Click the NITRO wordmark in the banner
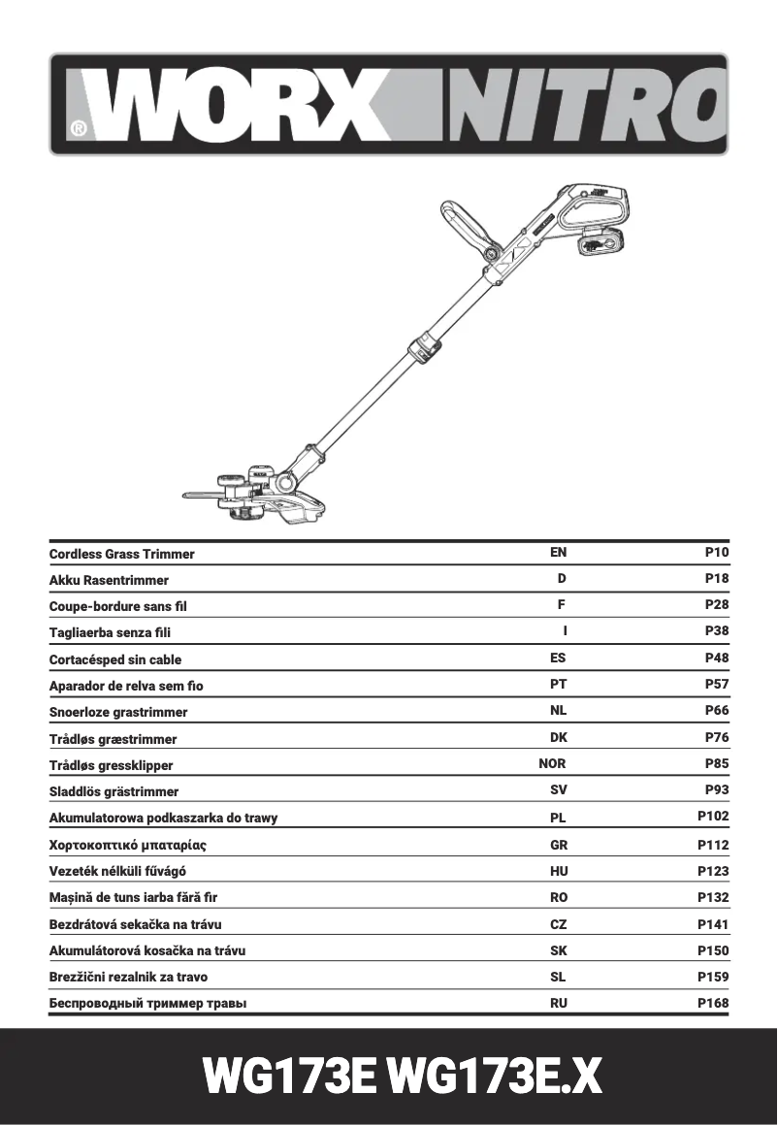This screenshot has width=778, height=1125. [582, 105]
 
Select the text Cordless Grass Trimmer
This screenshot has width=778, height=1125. [121, 554]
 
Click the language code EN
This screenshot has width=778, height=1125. [558, 553]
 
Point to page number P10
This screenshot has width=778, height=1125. [716, 553]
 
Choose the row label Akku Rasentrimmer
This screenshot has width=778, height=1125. [109, 580]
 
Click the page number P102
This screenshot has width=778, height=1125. [713, 817]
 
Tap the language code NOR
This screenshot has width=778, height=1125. [552, 764]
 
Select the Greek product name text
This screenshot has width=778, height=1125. [127, 845]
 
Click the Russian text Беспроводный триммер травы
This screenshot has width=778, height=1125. [147, 1003]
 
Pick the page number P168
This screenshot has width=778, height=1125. [713, 1003]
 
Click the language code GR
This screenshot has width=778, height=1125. [559, 845]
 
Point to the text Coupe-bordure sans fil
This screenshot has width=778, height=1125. [117, 606]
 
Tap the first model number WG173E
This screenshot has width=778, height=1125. [289, 1077]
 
